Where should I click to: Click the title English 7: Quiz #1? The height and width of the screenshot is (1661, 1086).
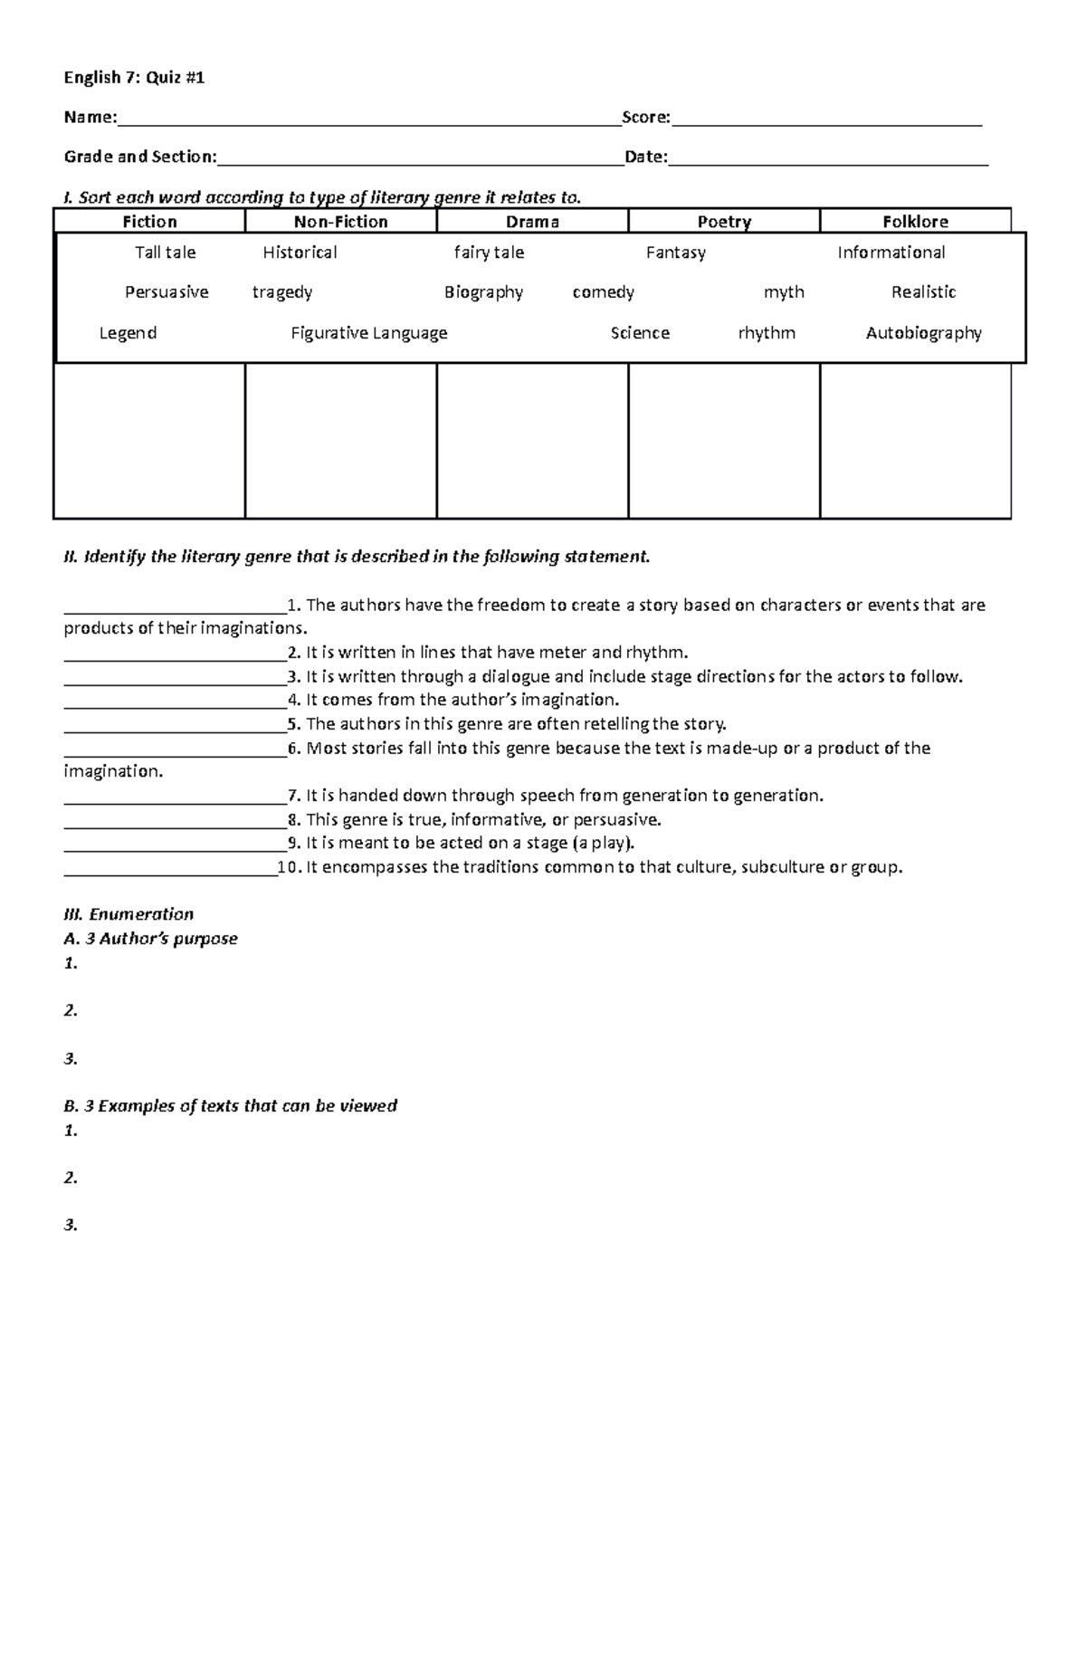[134, 78]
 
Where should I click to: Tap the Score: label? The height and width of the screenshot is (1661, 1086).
[646, 118]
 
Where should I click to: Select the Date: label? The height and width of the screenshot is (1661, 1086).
[646, 158]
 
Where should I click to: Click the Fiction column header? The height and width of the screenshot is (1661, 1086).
[149, 222]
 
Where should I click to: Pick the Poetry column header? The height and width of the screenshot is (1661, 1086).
[724, 222]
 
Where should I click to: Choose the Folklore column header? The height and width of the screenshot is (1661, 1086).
[915, 222]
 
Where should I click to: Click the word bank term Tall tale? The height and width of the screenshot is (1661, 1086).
[166, 253]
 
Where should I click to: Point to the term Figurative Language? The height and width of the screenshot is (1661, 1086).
[369, 333]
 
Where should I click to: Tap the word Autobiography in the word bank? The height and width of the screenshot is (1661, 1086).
[923, 333]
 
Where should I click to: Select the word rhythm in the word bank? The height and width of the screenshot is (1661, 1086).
[767, 333]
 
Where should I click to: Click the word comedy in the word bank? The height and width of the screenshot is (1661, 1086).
[603, 292]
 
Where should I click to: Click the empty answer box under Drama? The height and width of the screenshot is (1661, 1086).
[532, 441]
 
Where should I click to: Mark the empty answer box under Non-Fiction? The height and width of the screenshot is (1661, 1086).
[341, 441]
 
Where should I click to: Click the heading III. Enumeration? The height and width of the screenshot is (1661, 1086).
[129, 914]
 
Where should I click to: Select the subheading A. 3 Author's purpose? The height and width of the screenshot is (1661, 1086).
[150, 939]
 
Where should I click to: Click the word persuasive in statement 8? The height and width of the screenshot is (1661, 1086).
[612, 820]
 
